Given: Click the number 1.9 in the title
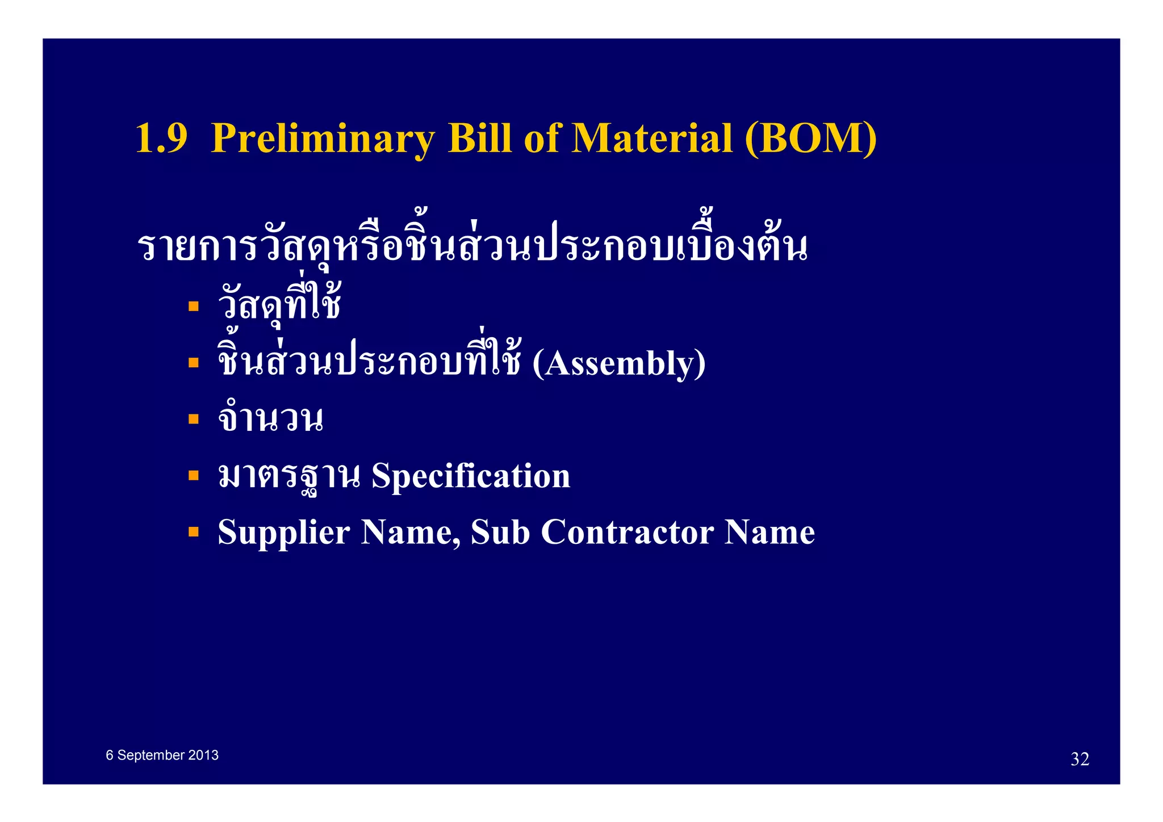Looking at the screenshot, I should [161, 139].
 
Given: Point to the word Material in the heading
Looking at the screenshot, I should [651, 139].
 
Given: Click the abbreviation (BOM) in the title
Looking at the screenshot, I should [810, 139].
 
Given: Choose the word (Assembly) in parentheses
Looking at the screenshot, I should [619, 364].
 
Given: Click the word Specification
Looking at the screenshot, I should [471, 476].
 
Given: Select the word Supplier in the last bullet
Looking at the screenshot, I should [284, 532].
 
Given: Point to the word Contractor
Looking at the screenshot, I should [627, 532].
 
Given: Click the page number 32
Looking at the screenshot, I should [1080, 759].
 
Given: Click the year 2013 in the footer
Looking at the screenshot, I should [203, 755].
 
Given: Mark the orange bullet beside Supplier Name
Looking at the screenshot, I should [194, 532].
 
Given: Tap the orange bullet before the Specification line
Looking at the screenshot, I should [194, 475].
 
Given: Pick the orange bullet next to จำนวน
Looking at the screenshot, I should [194, 419].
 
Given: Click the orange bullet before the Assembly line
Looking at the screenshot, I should [194, 362].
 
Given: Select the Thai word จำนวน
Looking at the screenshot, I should [270, 419].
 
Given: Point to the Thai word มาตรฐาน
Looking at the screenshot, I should [289, 476].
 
